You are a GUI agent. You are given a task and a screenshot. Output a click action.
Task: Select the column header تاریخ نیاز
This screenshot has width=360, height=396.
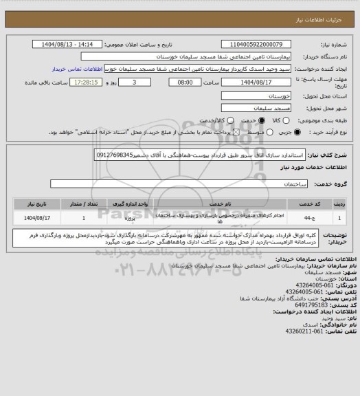coord(34,204)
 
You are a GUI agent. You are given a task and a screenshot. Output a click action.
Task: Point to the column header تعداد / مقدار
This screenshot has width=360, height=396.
coord(84,204)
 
